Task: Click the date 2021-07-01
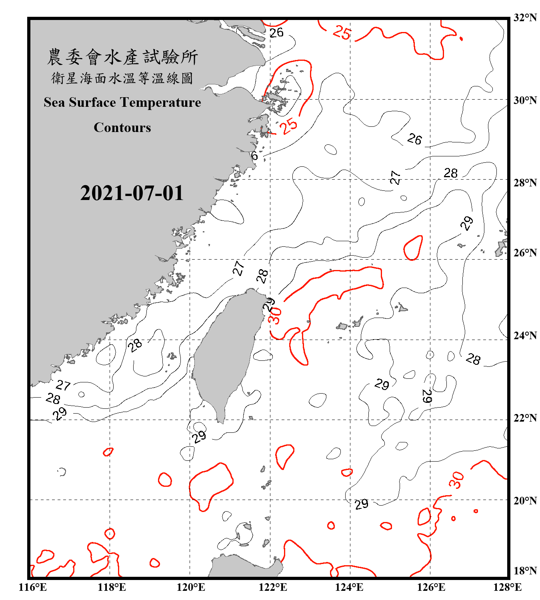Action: pos(132,193)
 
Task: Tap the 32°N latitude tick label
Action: pos(525,18)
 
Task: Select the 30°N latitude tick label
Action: pos(525,100)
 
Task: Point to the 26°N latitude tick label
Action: pos(525,253)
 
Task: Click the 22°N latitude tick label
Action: pos(525,418)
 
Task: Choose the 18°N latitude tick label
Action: pos(525,571)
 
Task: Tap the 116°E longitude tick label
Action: pos(33,587)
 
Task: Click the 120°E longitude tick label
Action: pos(191,587)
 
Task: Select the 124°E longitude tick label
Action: pos(349,587)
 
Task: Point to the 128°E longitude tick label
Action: pos(507,587)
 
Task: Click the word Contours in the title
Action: pos(122,128)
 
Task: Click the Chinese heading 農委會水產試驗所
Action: pos(122,57)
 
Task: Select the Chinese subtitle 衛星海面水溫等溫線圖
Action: pos(122,78)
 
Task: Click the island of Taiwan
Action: pos(226,352)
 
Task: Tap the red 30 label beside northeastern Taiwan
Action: pos(275,316)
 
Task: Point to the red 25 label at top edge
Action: pos(342,32)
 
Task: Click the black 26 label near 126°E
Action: pos(414,139)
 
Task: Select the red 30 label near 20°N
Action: pos(456,480)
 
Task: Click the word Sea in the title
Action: pos(54,102)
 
